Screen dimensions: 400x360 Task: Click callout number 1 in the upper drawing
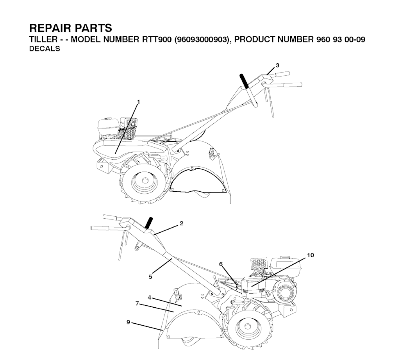click(139, 102)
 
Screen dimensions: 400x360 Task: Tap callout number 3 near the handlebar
click(278, 65)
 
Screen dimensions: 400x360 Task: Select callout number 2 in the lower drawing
click(181, 223)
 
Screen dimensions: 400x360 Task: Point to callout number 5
click(150, 276)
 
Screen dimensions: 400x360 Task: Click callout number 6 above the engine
click(221, 264)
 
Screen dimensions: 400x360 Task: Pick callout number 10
click(311, 255)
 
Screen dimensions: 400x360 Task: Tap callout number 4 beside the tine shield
click(150, 297)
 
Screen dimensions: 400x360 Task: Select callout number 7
click(137, 304)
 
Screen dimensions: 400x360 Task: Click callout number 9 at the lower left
click(128, 322)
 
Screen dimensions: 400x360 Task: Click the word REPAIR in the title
click(49, 28)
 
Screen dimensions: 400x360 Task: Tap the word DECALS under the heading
click(45, 48)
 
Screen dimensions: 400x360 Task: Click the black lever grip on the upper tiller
click(244, 81)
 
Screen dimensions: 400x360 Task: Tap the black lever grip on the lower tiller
click(148, 223)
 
